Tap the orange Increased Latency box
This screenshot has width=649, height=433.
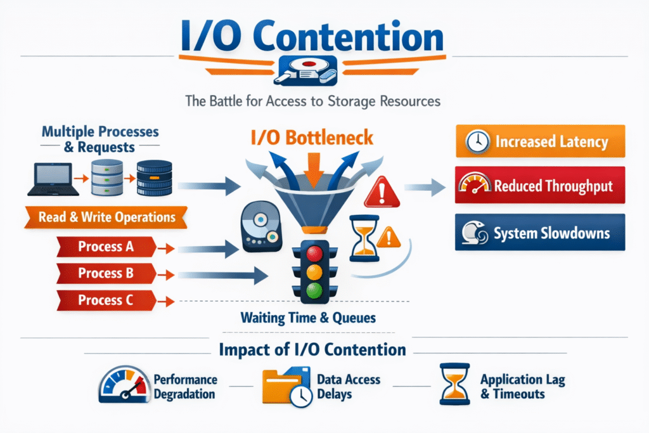click(x=540, y=141)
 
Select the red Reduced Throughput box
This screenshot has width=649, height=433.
click(x=540, y=185)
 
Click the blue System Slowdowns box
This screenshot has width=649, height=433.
click(x=540, y=232)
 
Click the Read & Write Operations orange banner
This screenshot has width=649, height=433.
click(x=106, y=217)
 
